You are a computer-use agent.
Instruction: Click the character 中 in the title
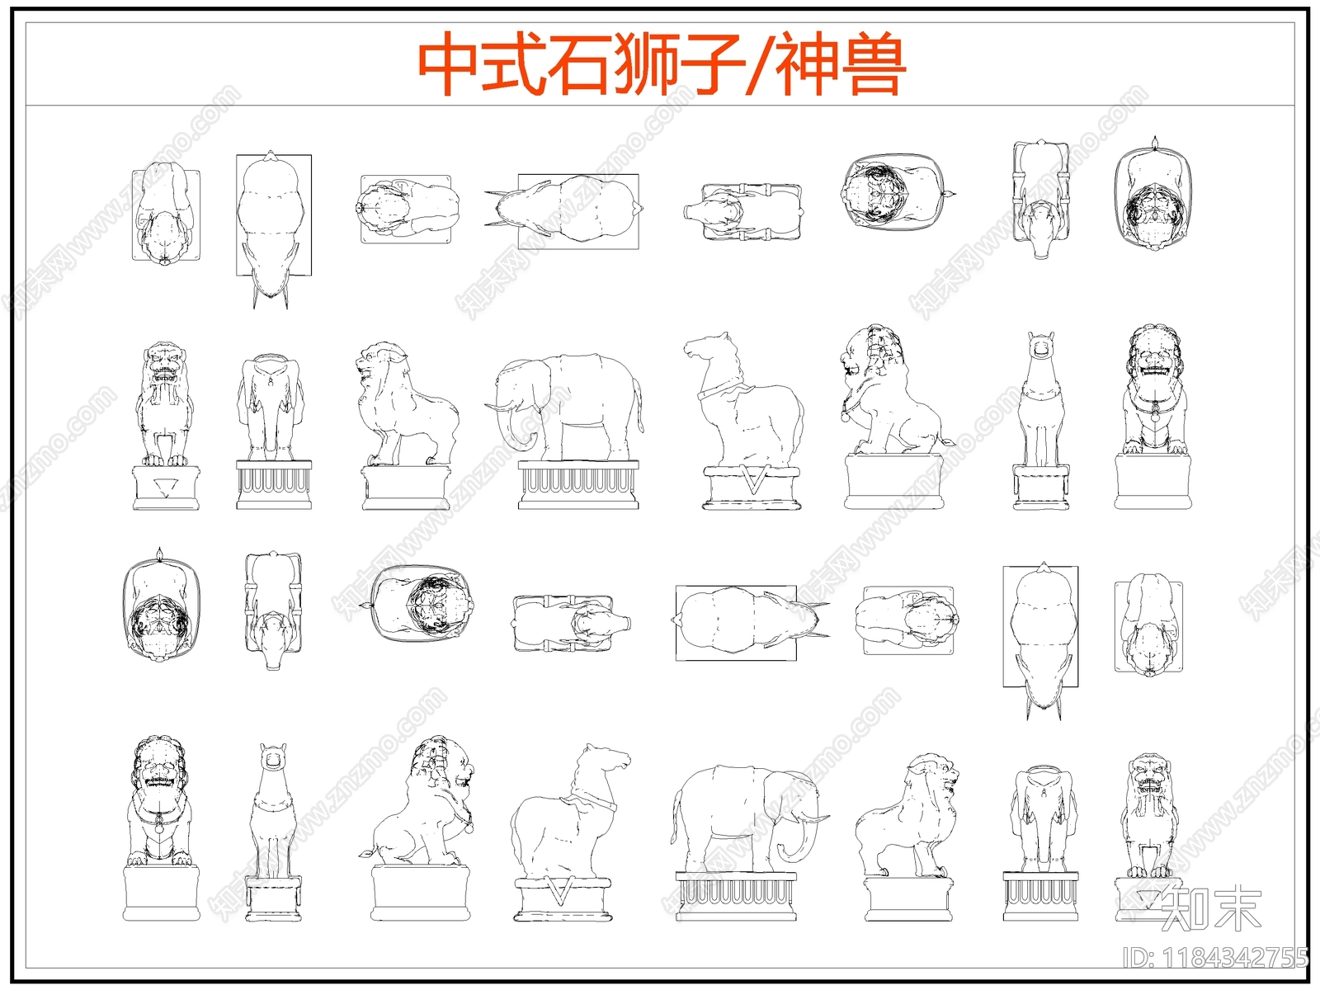point(449,64)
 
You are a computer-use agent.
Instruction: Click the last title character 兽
point(874,64)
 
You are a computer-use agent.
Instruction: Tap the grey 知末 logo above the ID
point(1211,909)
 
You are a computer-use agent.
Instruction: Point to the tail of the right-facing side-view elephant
point(676,817)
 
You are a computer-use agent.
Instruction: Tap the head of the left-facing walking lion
point(379,363)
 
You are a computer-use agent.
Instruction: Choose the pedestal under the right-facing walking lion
point(908,899)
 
